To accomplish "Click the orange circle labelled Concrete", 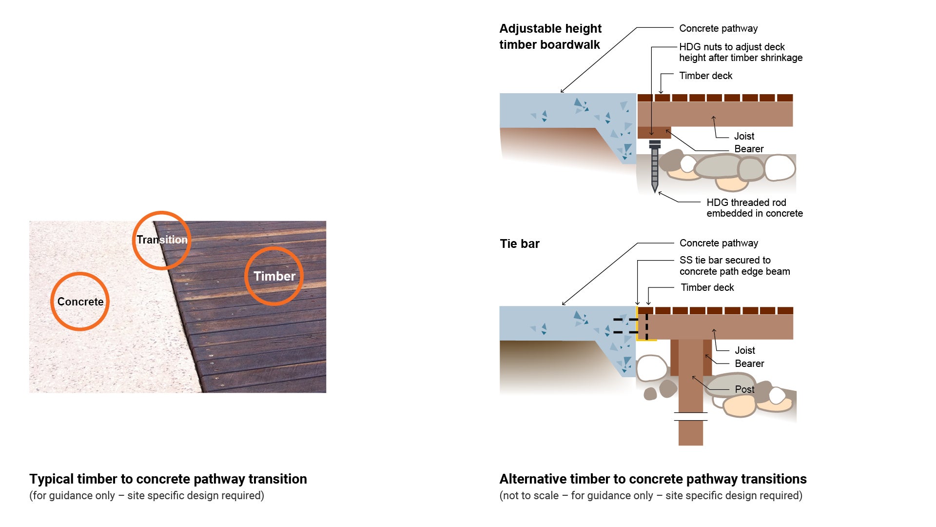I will pyautogui.click(x=80, y=302).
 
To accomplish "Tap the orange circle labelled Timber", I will pyautogui.click(x=274, y=276).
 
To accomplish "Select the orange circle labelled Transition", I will pyautogui.click(x=161, y=240).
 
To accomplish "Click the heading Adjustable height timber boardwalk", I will pyautogui.click(x=550, y=37).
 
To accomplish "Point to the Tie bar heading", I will pyautogui.click(x=520, y=243).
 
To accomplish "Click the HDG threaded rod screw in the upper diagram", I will pyautogui.click(x=655, y=166).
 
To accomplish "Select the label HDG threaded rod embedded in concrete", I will pyautogui.click(x=754, y=208).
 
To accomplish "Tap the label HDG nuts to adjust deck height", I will pyautogui.click(x=740, y=52).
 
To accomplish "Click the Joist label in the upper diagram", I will pyautogui.click(x=744, y=136).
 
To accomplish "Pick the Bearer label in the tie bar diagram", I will pyautogui.click(x=749, y=364).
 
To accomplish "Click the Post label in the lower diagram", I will pyautogui.click(x=744, y=389).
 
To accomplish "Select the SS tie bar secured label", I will pyautogui.click(x=734, y=266).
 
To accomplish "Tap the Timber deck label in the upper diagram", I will pyautogui.click(x=705, y=76).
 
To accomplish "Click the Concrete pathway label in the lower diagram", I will pyautogui.click(x=719, y=243).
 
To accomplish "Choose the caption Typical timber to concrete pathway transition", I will pyautogui.click(x=168, y=479).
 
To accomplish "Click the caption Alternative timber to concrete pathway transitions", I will pyautogui.click(x=653, y=479).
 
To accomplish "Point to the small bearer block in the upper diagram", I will pyautogui.click(x=654, y=133).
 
